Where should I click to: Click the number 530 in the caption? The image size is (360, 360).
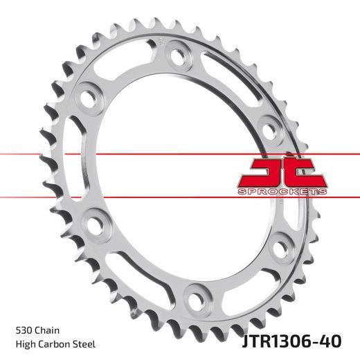pyautogui.click(x=22, y=331)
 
